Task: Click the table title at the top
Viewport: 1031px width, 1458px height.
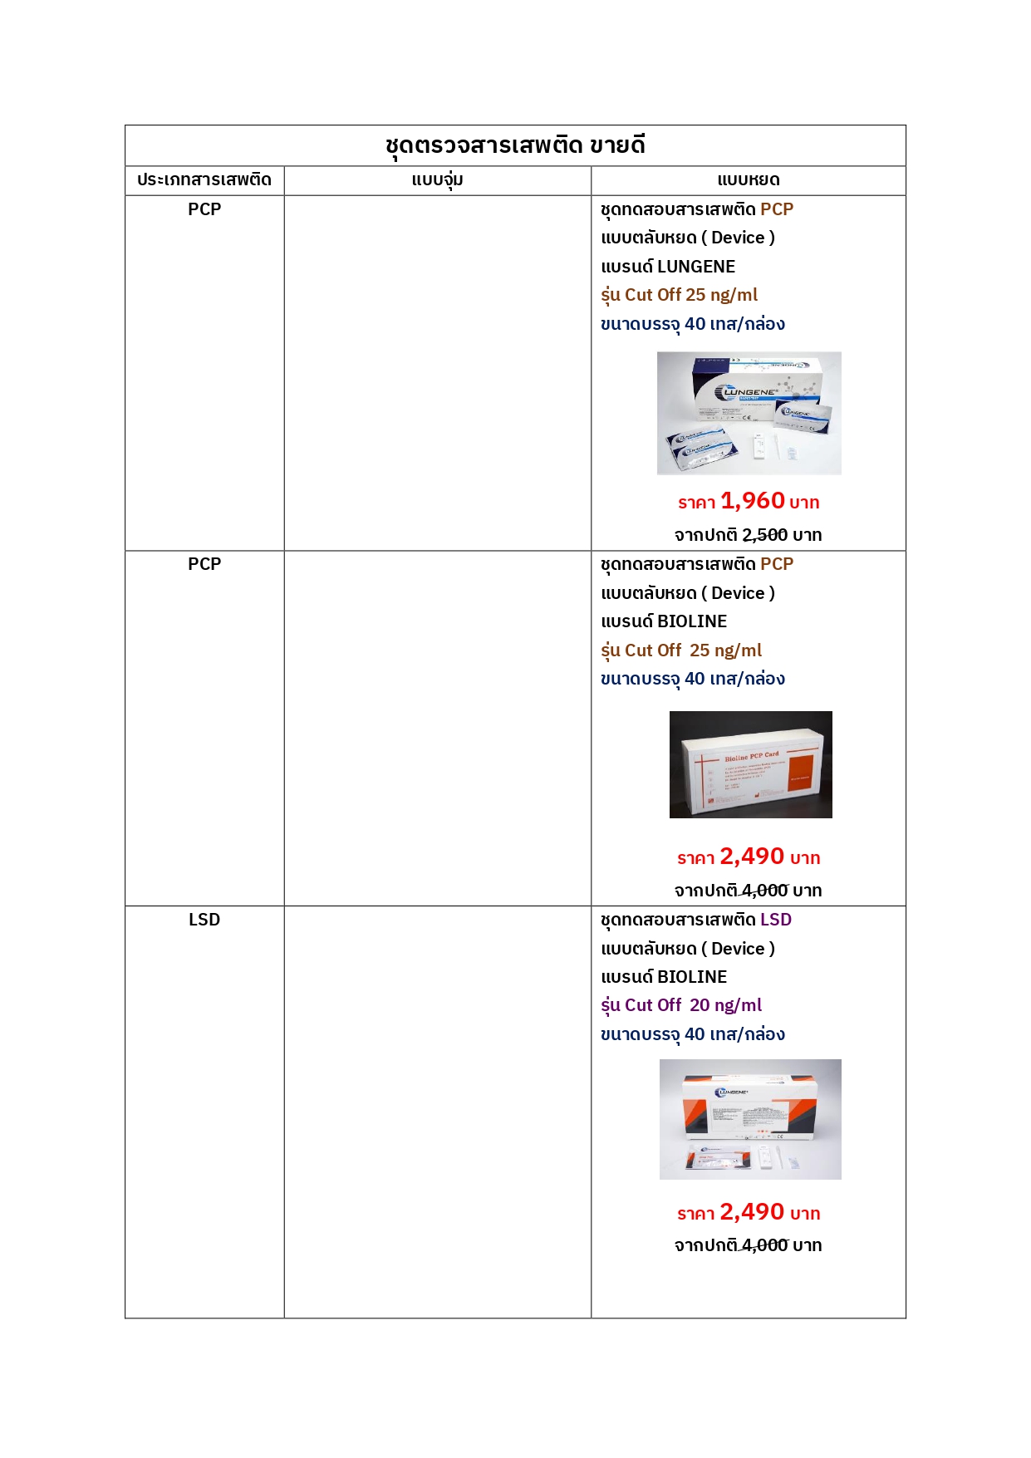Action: click(515, 145)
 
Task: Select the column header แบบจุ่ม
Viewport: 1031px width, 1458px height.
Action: click(437, 180)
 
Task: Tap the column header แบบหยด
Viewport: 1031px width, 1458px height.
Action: click(748, 180)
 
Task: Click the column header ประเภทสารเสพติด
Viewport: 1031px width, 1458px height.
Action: click(204, 180)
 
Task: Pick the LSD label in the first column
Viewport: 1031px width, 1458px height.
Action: click(204, 920)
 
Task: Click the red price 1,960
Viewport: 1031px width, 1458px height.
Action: click(753, 501)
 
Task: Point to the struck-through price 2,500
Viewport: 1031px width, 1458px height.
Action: click(764, 535)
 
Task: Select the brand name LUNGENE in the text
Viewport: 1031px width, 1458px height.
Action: click(696, 267)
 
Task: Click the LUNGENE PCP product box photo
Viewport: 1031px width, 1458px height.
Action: click(749, 413)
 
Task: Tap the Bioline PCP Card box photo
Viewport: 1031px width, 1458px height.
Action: click(750, 764)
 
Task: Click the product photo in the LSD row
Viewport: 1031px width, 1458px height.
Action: click(750, 1119)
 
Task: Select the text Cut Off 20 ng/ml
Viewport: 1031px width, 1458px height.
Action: click(693, 1005)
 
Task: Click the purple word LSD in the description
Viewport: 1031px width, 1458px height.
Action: click(776, 920)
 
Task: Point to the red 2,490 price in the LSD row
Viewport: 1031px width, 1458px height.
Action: click(752, 1212)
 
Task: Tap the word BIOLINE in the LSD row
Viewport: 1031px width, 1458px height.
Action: click(692, 977)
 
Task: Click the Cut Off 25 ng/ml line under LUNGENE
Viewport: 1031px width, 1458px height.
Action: click(691, 295)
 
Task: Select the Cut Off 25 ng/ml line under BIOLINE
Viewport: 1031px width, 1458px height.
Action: click(693, 650)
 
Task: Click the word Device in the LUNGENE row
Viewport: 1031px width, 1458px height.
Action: click(738, 238)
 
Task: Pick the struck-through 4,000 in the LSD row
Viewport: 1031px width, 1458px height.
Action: click(764, 1245)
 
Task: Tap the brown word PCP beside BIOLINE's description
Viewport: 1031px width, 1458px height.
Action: click(777, 564)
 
